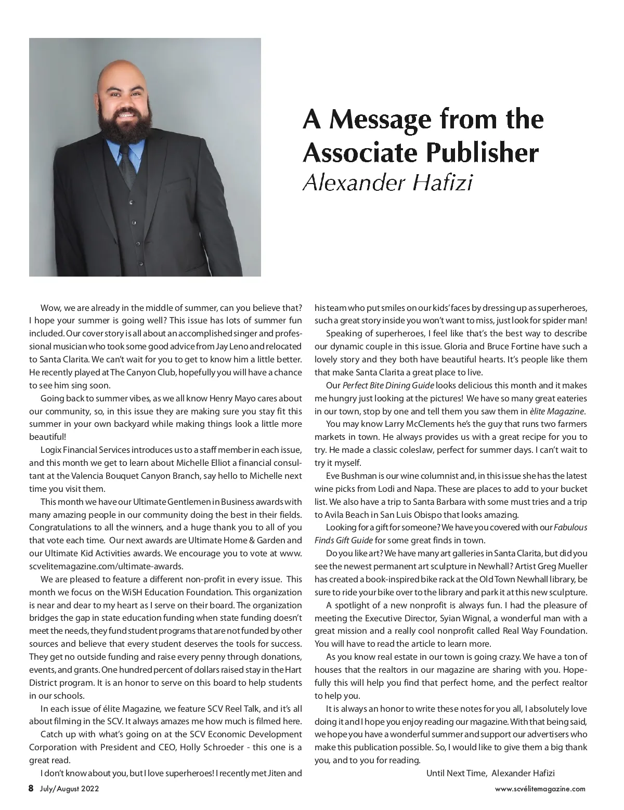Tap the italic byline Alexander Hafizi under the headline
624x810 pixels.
point(387,183)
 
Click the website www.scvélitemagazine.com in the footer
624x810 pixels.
point(540,789)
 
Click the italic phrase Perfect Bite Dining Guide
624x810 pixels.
point(388,386)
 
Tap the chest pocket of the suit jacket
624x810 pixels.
point(178,183)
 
